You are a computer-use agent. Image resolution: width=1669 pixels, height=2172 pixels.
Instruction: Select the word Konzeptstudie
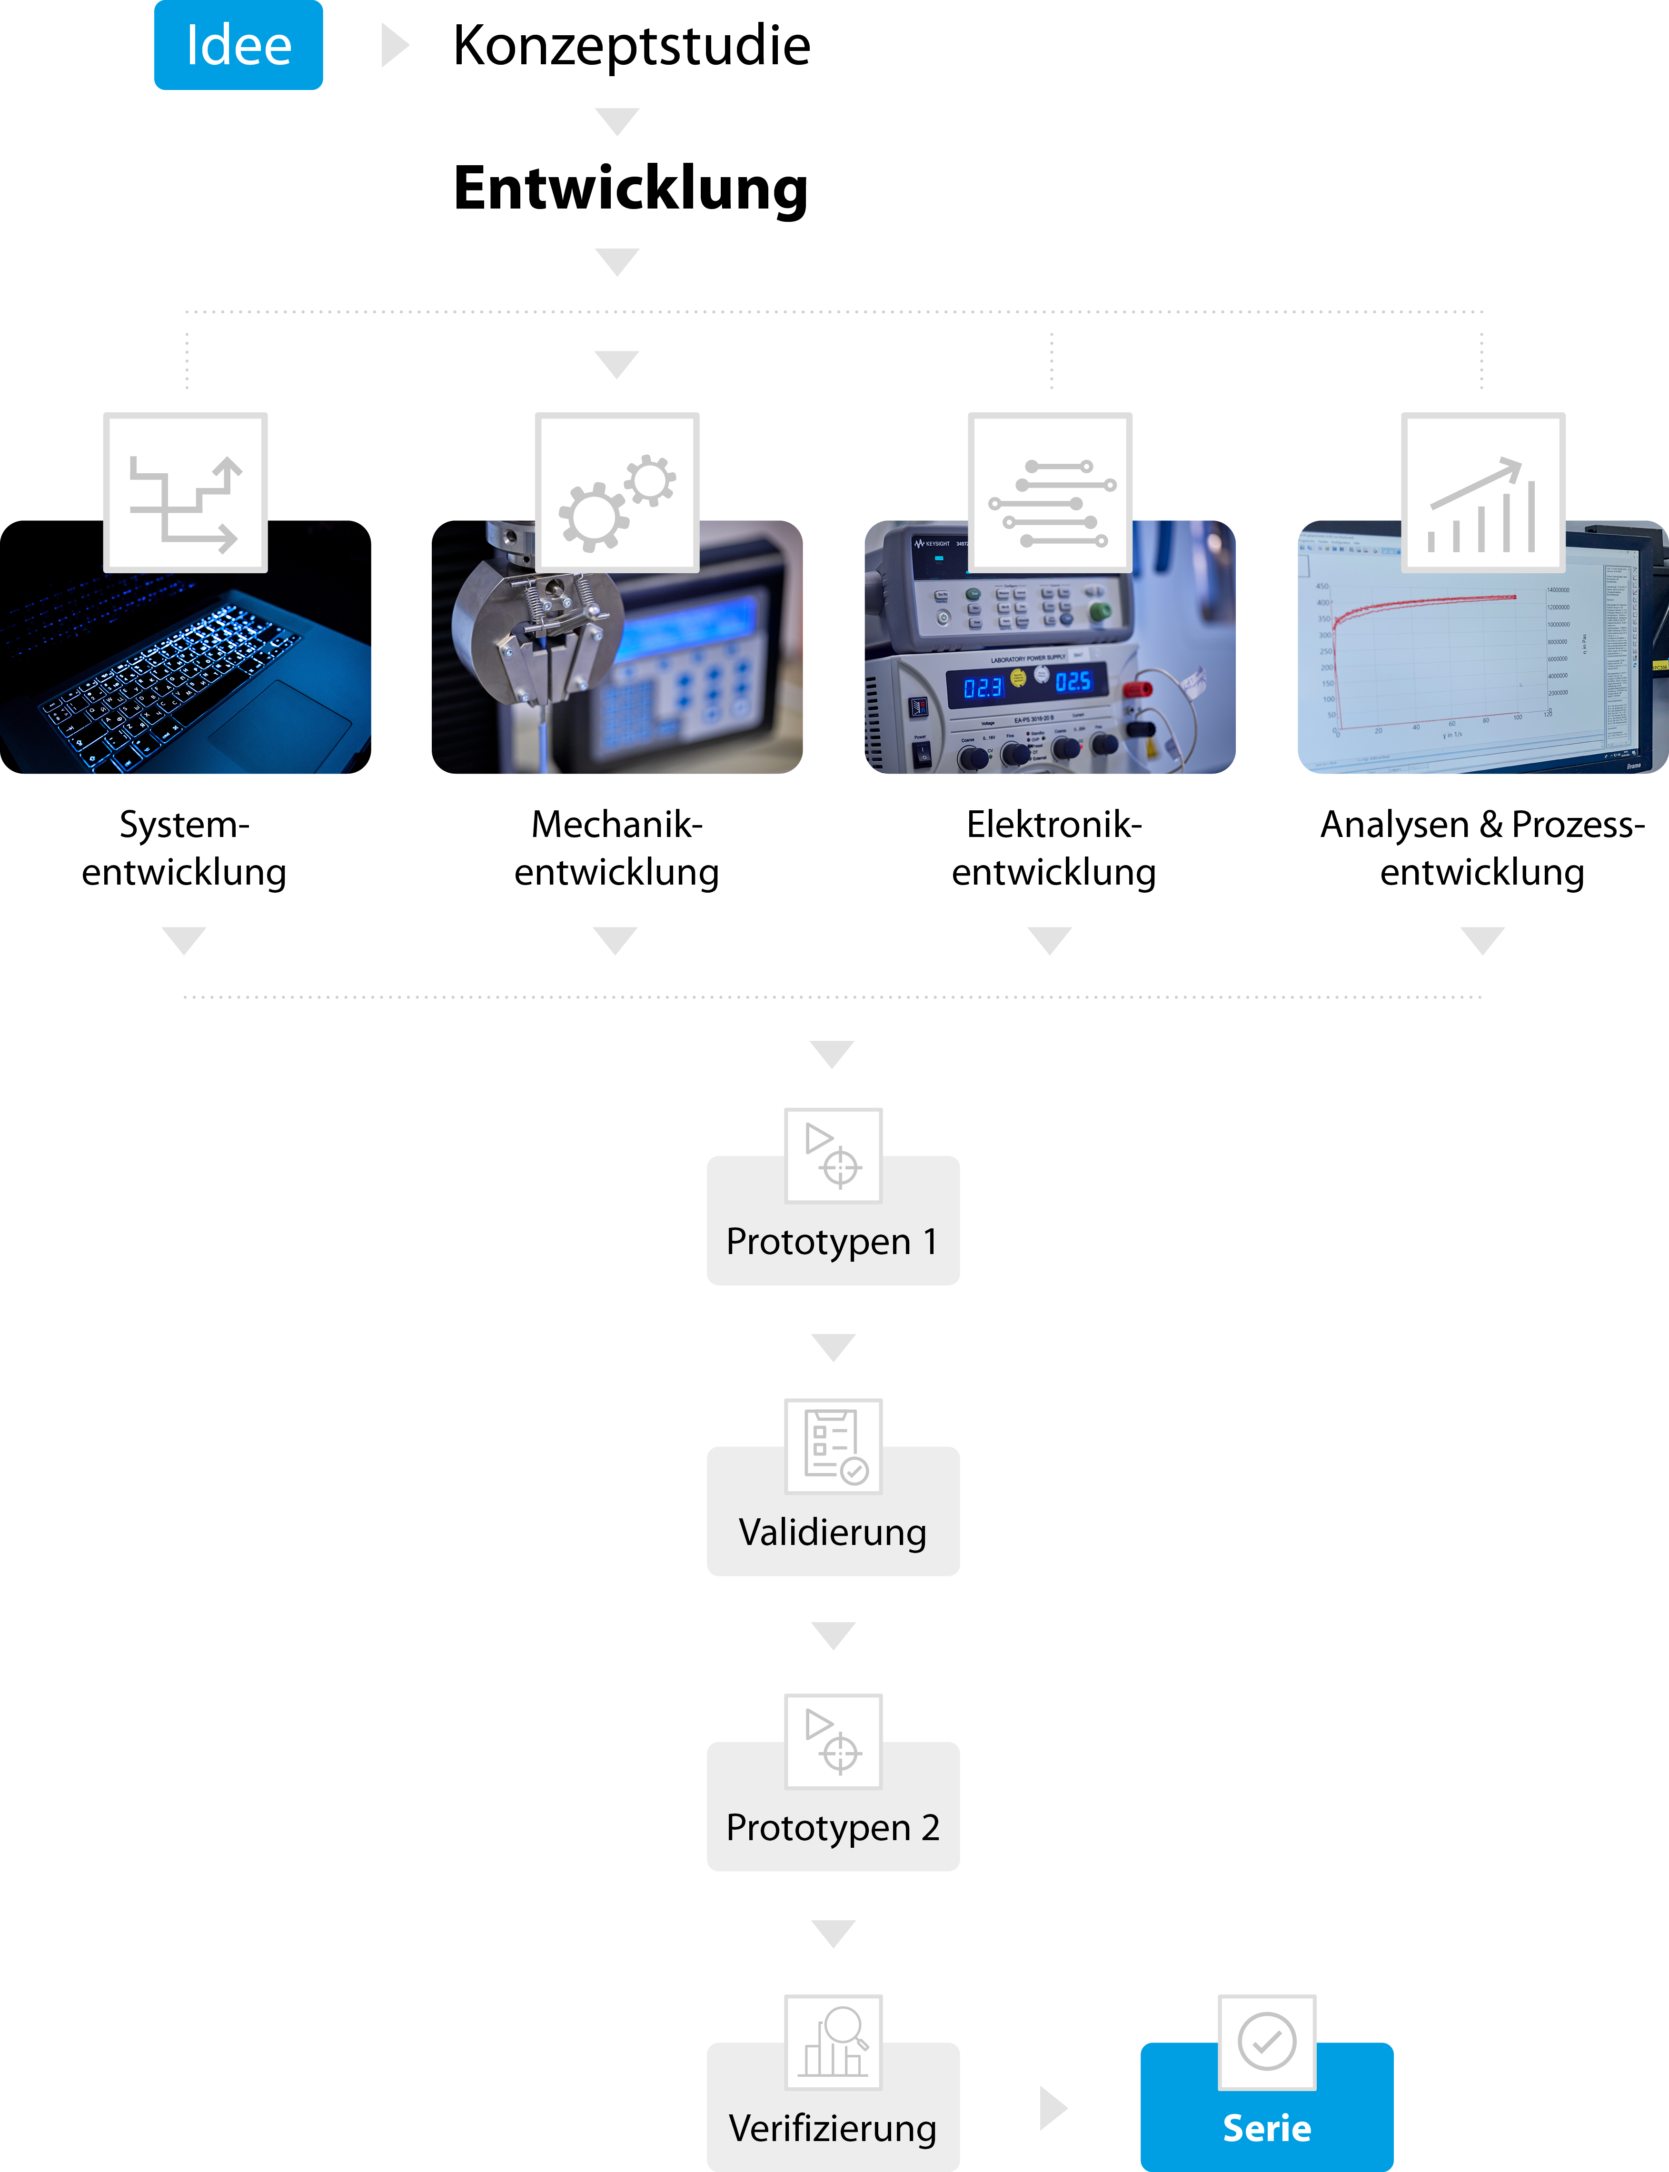(632, 46)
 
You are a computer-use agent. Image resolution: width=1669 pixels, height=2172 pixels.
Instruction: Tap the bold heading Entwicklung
(631, 189)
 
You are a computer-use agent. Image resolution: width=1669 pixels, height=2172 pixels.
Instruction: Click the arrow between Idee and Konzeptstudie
(395, 46)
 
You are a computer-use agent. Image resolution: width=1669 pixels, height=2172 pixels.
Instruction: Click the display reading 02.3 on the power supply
(983, 687)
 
